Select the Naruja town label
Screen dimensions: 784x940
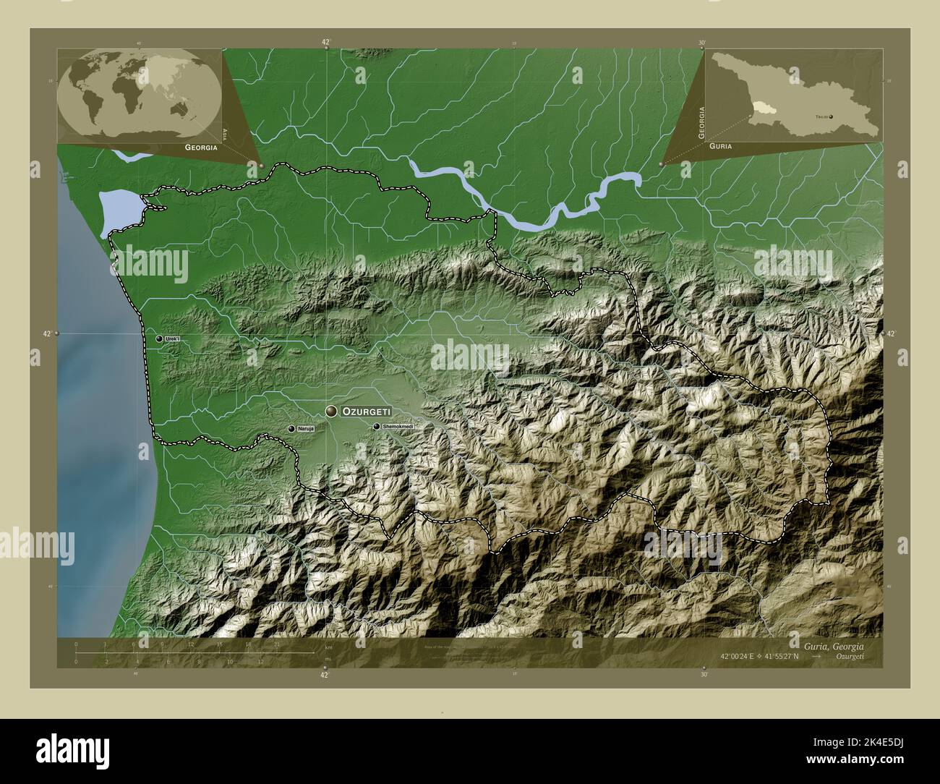click(x=306, y=429)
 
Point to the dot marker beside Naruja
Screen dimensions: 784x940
click(x=291, y=429)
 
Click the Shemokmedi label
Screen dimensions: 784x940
click(x=400, y=427)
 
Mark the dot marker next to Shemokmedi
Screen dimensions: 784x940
click(x=377, y=427)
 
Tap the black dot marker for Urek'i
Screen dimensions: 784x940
click(x=159, y=338)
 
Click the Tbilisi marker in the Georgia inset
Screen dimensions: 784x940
click(x=831, y=116)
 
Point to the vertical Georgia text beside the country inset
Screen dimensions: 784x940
click(x=701, y=122)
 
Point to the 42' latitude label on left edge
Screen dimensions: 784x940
click(x=46, y=333)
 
